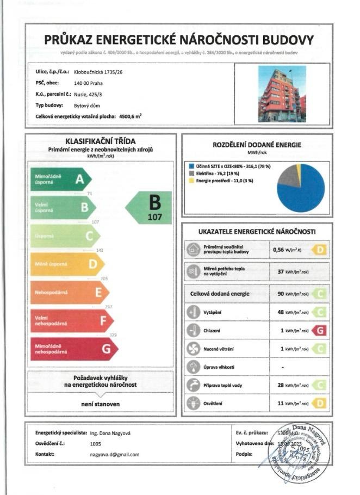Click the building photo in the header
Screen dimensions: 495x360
282,94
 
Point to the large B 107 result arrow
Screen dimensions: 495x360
150,208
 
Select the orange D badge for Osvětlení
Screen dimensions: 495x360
320,404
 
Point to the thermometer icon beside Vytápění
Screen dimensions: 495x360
193,312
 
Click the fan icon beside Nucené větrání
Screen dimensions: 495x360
193,349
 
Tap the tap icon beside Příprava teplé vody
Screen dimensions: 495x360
193,385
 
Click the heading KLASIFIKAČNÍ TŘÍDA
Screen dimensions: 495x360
101,140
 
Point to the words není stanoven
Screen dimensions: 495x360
101,404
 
